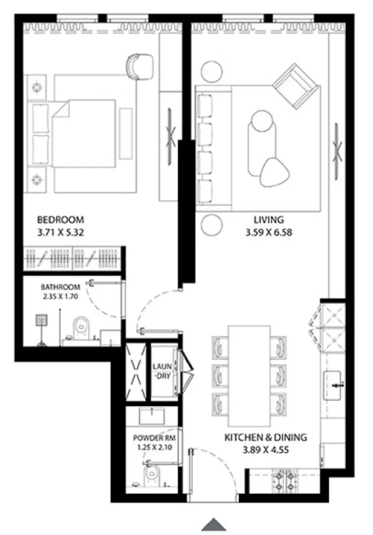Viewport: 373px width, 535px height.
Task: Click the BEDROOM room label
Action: click(x=60, y=219)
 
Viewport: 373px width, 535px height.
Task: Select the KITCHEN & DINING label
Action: click(x=266, y=437)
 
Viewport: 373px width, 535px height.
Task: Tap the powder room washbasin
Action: click(x=153, y=416)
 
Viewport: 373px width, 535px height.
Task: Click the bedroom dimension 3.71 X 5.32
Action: click(x=60, y=232)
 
